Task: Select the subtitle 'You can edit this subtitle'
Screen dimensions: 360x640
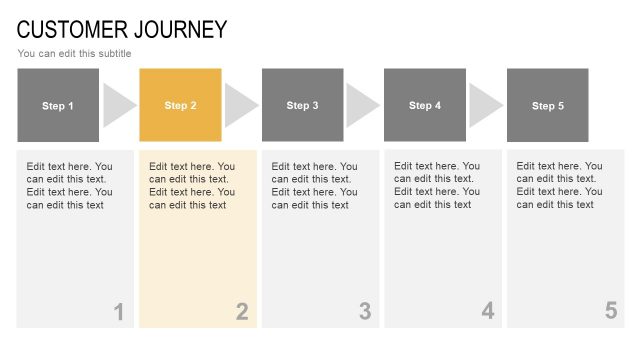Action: [x=74, y=53]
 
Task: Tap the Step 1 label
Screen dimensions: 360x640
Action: [x=58, y=105]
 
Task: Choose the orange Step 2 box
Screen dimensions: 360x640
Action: [x=180, y=105]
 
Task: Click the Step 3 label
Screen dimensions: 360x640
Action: [x=303, y=105]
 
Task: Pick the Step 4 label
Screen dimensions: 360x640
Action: [x=425, y=105]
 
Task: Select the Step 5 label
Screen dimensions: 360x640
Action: [x=548, y=105]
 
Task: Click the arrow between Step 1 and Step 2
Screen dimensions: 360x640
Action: [x=117, y=105]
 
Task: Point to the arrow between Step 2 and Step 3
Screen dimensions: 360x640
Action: [x=239, y=105]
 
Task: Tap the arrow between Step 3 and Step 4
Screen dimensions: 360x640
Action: [x=361, y=105]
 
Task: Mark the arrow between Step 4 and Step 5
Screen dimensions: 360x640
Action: [x=484, y=105]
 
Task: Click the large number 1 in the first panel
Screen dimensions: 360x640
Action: [x=118, y=312]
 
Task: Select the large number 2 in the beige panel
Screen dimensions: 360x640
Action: [x=241, y=312]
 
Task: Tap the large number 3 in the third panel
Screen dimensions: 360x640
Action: [x=364, y=312]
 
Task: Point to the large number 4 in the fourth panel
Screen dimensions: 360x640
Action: [x=487, y=311]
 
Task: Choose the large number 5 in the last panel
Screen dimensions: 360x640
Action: [x=610, y=311]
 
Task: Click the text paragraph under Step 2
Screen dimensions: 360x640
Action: [x=192, y=186]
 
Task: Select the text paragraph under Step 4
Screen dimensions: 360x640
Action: [x=437, y=185]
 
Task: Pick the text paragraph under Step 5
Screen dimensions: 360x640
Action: [x=559, y=185]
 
